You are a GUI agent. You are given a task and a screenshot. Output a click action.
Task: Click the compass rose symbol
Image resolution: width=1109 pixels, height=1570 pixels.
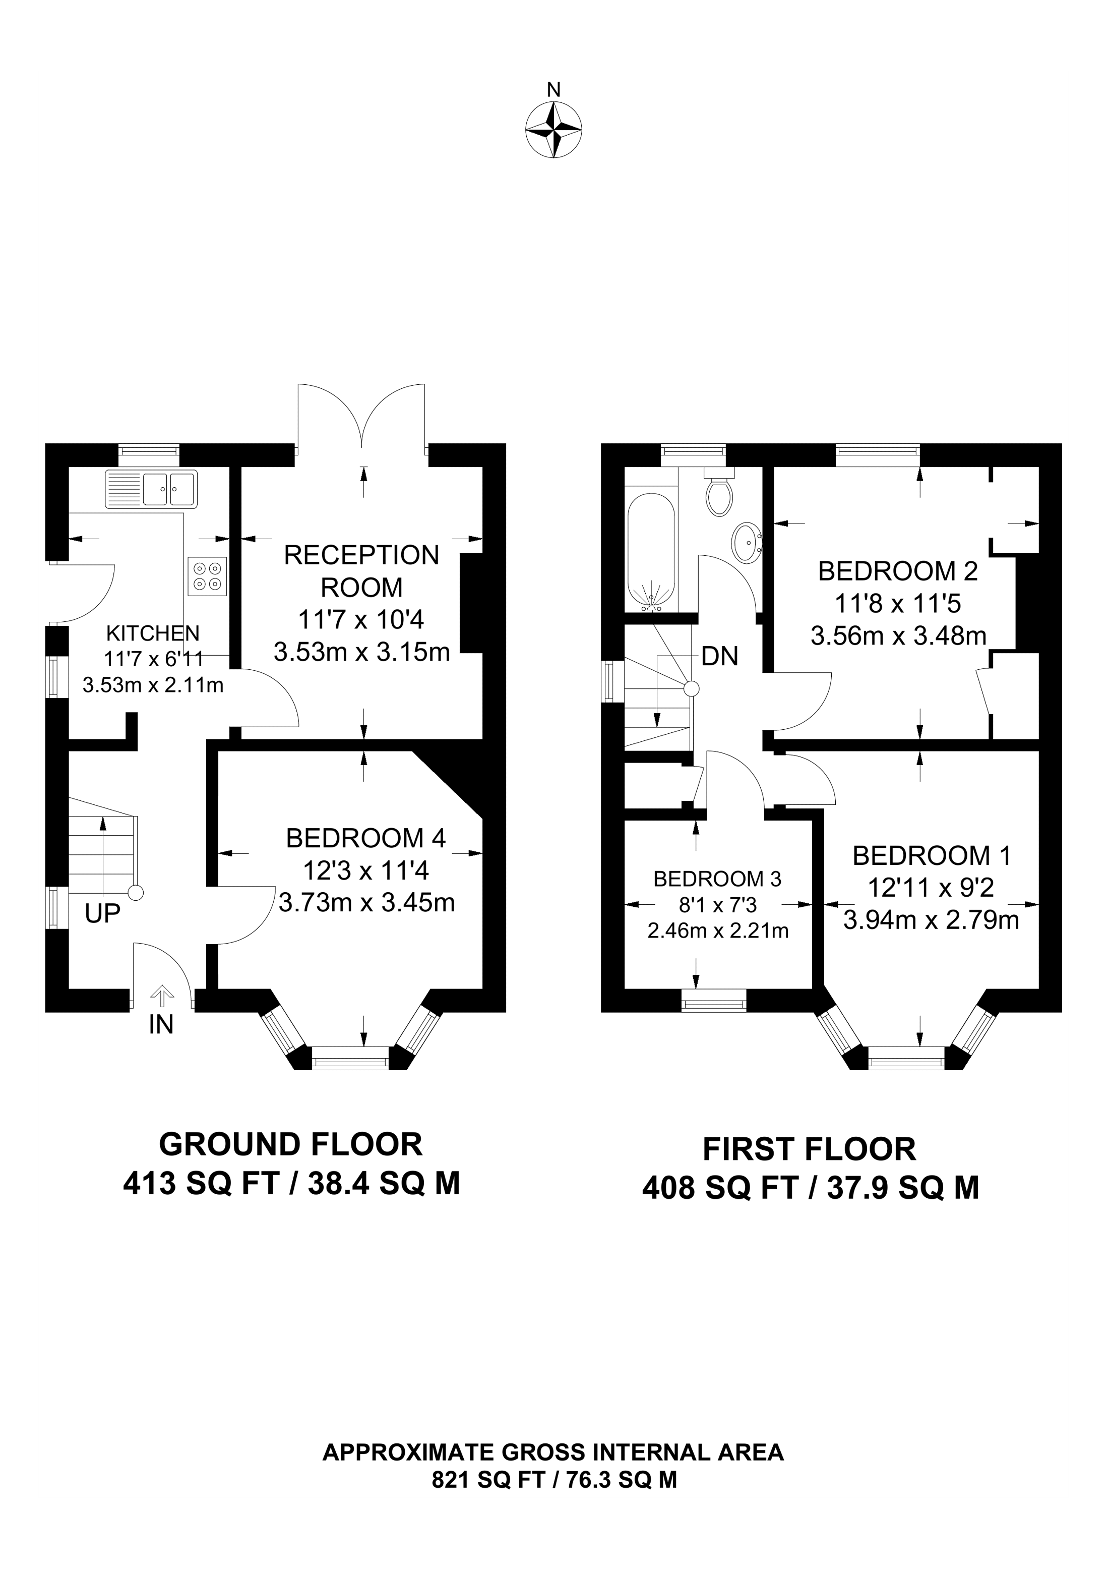pos(553,130)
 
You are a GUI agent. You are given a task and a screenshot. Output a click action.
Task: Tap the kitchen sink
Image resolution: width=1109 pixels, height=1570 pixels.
pos(151,489)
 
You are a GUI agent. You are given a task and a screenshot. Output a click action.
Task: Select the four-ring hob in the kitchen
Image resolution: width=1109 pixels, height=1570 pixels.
pos(208,576)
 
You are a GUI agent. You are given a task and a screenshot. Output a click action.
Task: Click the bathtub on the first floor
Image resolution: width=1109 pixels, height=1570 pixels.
pos(651,551)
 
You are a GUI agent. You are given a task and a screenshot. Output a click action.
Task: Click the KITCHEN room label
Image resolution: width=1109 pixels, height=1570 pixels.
pos(153,633)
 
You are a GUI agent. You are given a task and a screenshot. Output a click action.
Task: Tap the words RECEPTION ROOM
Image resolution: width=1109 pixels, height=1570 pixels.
pos(361,571)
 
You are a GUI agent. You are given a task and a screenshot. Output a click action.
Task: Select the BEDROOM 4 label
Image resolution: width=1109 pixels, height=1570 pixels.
pos(365,838)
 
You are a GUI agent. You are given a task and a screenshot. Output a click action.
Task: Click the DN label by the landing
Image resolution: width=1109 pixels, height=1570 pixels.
pos(720,657)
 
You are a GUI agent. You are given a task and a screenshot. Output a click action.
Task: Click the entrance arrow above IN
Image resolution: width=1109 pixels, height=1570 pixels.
pos(161,996)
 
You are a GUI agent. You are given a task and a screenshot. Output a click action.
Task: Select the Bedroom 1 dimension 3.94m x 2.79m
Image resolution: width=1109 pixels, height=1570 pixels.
pos(932,920)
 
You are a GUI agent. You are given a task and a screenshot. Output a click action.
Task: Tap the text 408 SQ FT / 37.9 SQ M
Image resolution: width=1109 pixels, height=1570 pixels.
pos(811,1188)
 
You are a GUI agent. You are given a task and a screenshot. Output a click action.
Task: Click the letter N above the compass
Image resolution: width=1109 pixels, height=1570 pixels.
pos(554,90)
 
